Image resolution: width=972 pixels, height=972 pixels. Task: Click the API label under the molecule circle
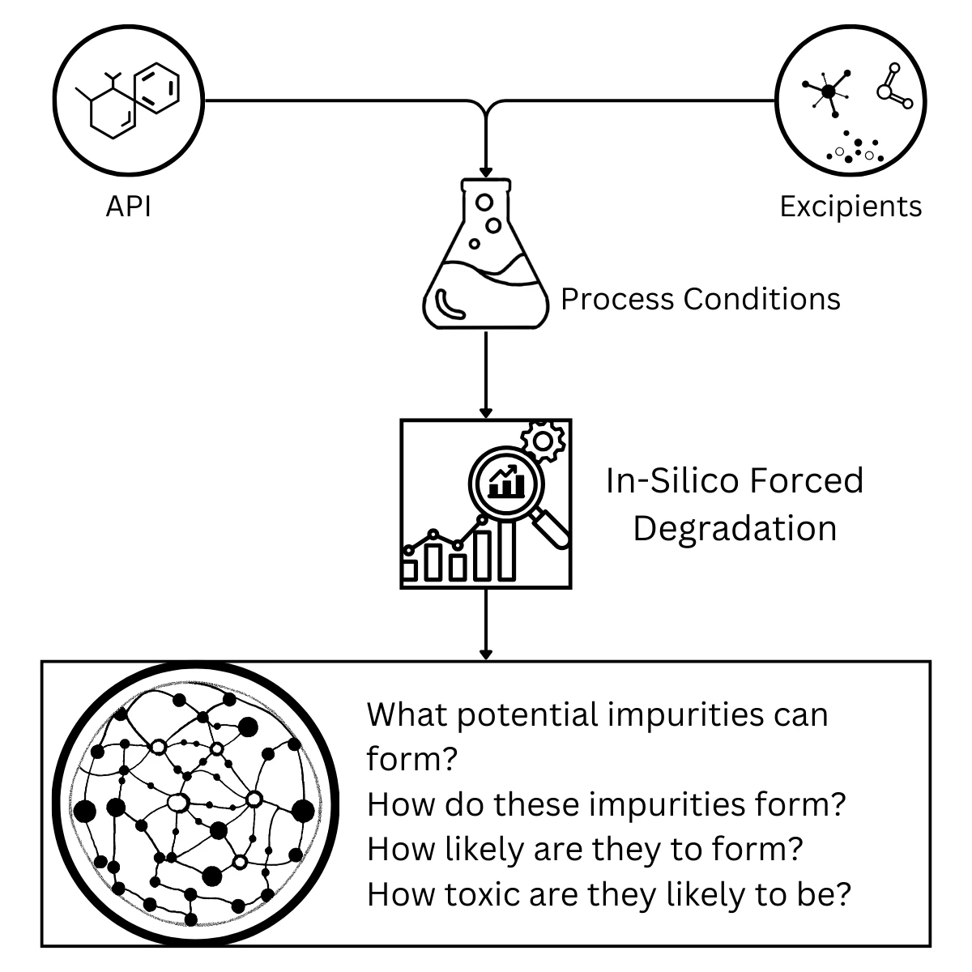(128, 207)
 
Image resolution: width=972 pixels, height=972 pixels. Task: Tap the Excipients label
(850, 207)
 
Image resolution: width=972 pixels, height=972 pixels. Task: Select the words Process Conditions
(700, 299)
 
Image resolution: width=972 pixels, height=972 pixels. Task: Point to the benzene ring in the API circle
(156, 88)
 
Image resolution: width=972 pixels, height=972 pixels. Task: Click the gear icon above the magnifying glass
(542, 441)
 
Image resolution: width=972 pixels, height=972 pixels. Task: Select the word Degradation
(734, 528)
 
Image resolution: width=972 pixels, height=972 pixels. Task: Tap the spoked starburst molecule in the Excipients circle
(827, 92)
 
